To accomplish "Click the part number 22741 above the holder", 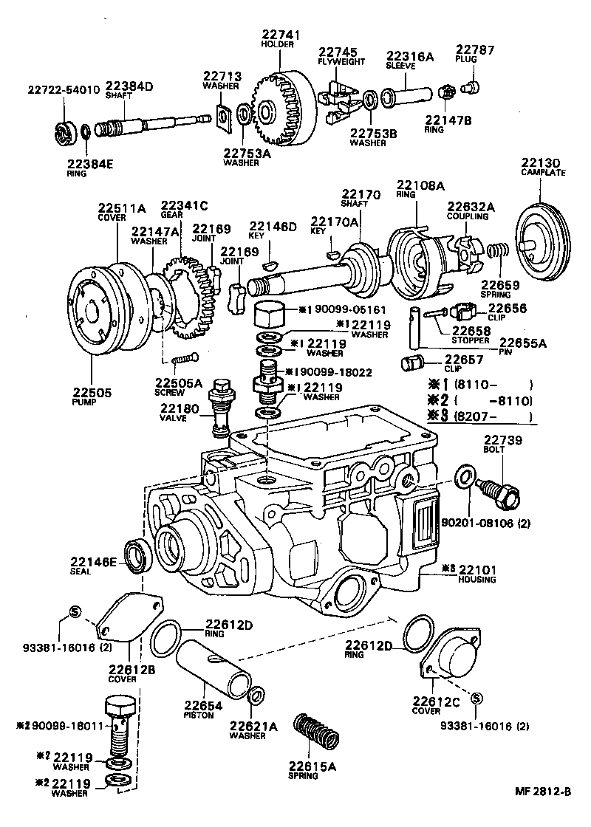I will (277, 35).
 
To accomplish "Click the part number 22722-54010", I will (64, 90).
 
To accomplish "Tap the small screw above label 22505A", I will (182, 361).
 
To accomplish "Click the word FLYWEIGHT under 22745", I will (337, 63).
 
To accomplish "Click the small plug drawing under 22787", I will (468, 88).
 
